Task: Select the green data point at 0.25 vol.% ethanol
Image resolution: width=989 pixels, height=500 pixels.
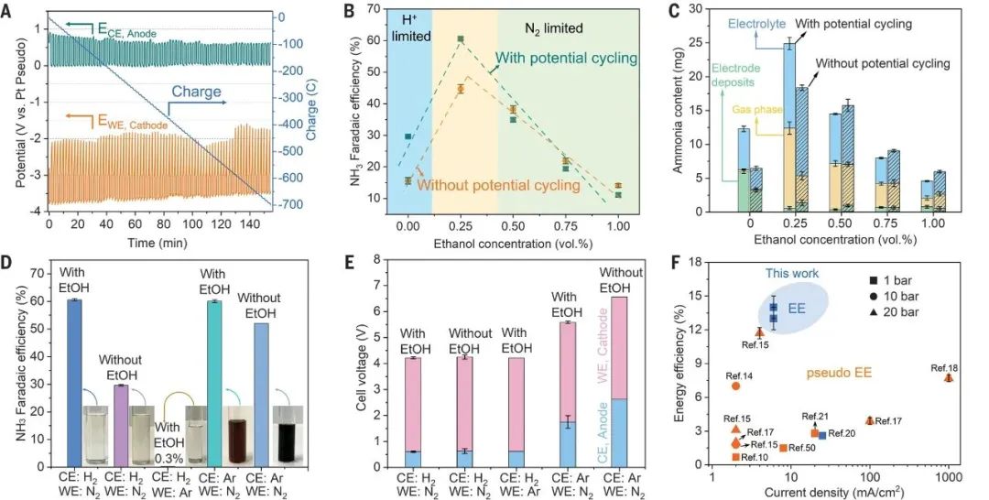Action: [461, 38]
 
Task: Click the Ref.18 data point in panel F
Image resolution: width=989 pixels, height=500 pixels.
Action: [949, 377]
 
